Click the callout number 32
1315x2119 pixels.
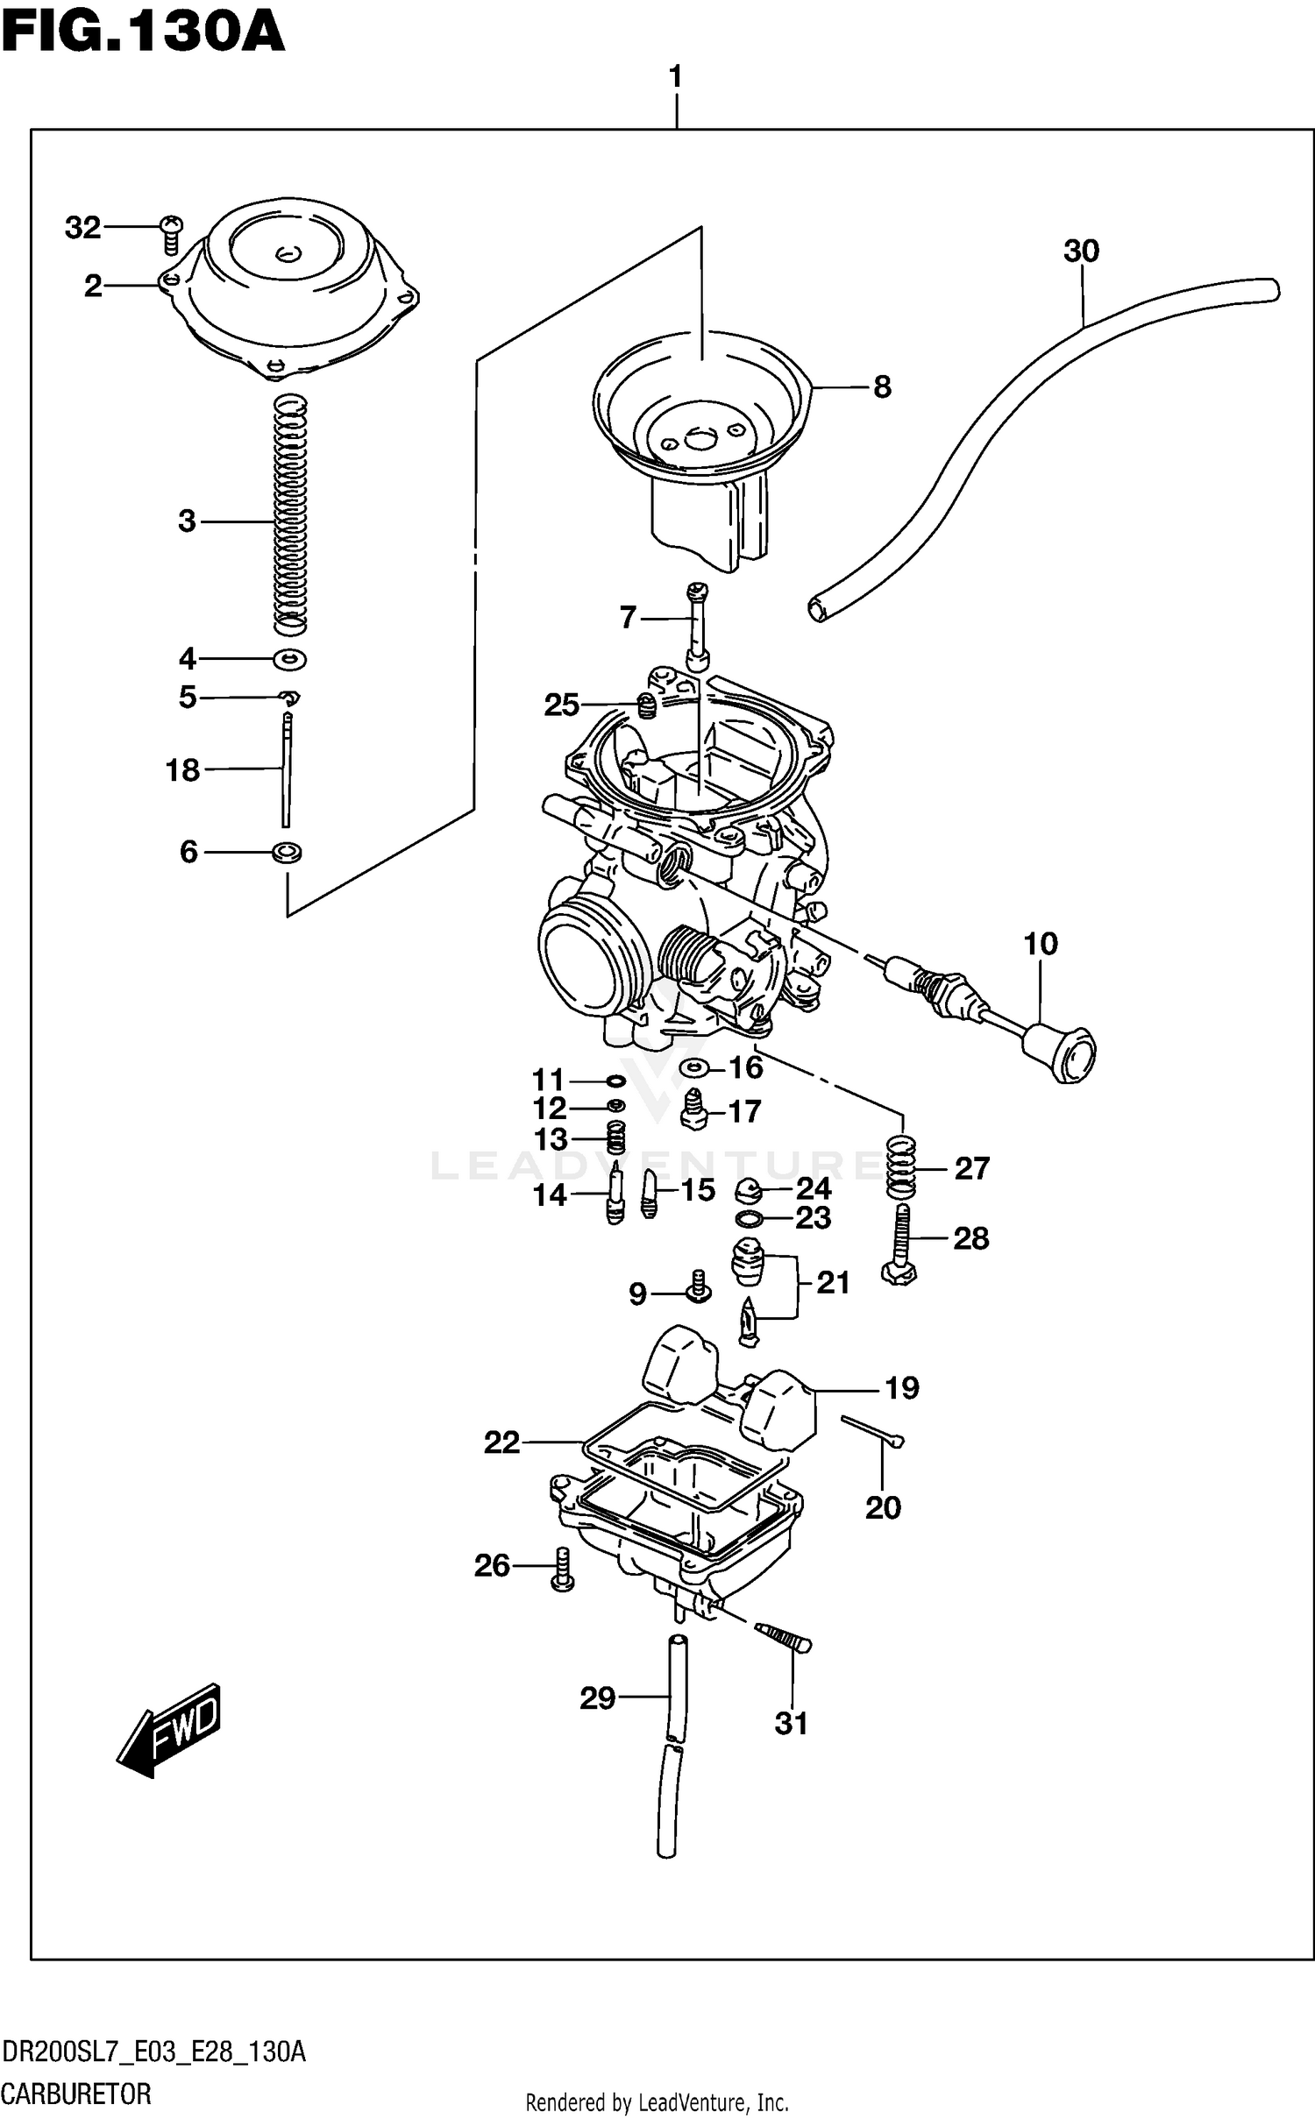82,228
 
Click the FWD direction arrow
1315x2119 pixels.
169,1729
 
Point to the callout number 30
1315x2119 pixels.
1080,252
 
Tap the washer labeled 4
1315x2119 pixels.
290,658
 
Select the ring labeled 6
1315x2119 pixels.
288,851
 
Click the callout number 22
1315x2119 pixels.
501,1442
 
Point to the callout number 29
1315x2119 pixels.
597,1698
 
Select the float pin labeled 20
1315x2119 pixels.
871,1429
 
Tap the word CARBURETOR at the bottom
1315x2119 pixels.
76,2094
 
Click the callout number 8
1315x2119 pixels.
882,386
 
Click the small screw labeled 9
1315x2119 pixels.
699,1287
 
